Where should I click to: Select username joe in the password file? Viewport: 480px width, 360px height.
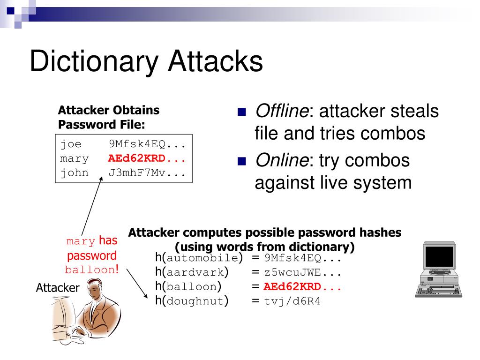(x=70, y=144)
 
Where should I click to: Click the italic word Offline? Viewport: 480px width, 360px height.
(x=281, y=112)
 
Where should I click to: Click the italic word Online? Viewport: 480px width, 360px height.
(x=279, y=161)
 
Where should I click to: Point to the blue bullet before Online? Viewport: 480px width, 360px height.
(x=242, y=162)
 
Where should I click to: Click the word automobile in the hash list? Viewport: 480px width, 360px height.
(x=202, y=258)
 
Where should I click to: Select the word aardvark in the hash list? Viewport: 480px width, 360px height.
(x=195, y=272)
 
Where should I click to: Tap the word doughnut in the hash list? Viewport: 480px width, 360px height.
(x=195, y=301)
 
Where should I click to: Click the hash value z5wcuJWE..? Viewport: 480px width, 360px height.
(x=302, y=272)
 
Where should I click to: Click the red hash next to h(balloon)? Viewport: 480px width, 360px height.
(x=302, y=287)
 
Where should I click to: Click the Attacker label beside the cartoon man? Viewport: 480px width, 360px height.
(x=58, y=288)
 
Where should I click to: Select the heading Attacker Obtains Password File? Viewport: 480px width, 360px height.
(x=109, y=118)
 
